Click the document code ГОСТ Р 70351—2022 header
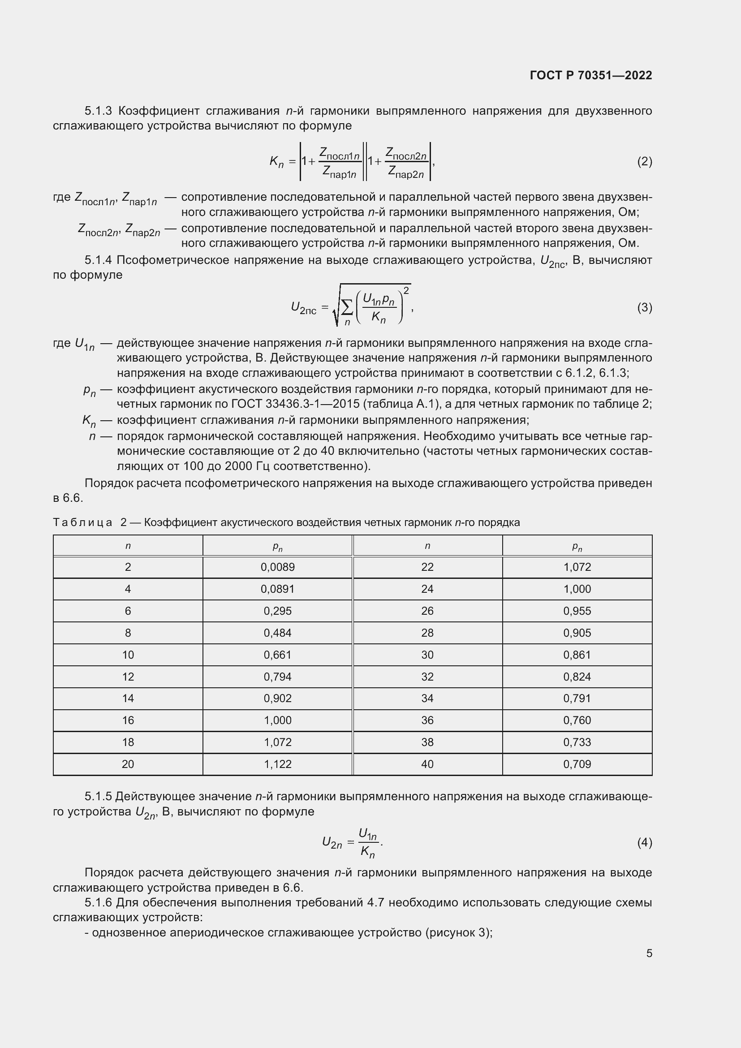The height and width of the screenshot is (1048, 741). coord(591,75)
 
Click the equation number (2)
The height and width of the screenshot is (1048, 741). coord(644,161)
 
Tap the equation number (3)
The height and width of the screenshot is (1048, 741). coord(644,308)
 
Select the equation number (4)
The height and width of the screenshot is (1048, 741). coord(644,842)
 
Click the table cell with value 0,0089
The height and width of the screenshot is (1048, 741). coord(277,567)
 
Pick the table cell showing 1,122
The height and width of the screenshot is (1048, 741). coord(277,764)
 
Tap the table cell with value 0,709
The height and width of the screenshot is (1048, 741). coord(577,764)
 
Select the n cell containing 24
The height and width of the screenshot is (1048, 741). coord(427,589)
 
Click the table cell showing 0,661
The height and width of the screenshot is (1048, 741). coord(277,655)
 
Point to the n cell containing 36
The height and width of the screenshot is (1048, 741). coord(427,720)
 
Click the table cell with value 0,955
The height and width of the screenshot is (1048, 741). coord(577,611)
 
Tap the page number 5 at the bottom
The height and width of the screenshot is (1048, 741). coord(649,953)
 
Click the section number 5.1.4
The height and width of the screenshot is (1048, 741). coord(98,260)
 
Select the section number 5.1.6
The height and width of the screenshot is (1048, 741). coord(98,903)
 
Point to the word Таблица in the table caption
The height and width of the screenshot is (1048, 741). coord(82,522)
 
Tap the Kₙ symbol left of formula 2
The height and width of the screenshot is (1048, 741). coord(276,161)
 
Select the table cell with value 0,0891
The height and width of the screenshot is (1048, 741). coord(277,589)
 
